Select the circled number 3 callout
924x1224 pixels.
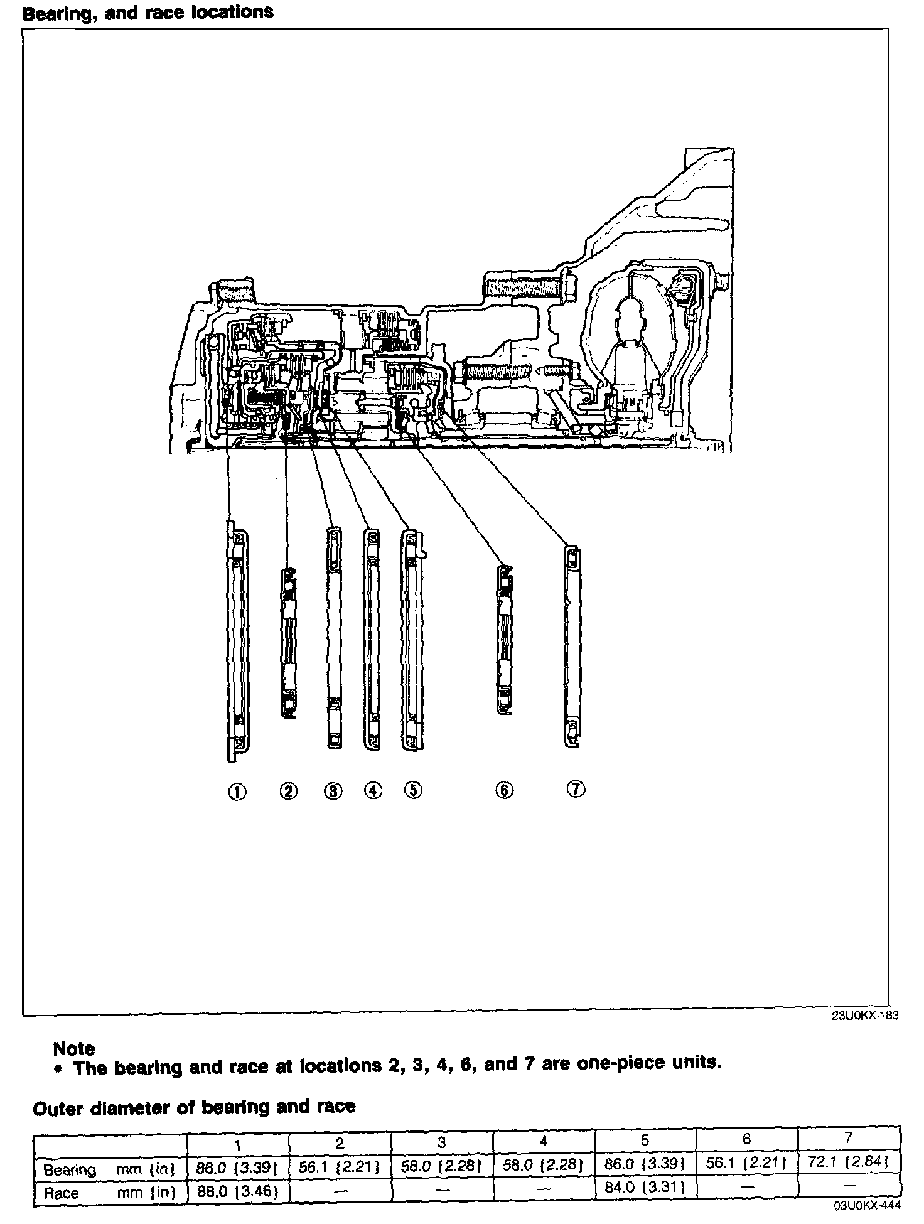pos(334,792)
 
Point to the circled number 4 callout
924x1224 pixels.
pos(373,791)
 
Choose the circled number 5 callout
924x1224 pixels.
pos(412,790)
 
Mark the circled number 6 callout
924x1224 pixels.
pos(504,790)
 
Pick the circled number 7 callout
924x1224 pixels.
pos(576,789)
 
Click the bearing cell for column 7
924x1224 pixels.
pos(848,1163)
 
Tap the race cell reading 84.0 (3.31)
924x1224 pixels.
pos(645,1187)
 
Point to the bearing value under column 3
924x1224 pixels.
pos(441,1165)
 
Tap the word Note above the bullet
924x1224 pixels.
pos(74,1048)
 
